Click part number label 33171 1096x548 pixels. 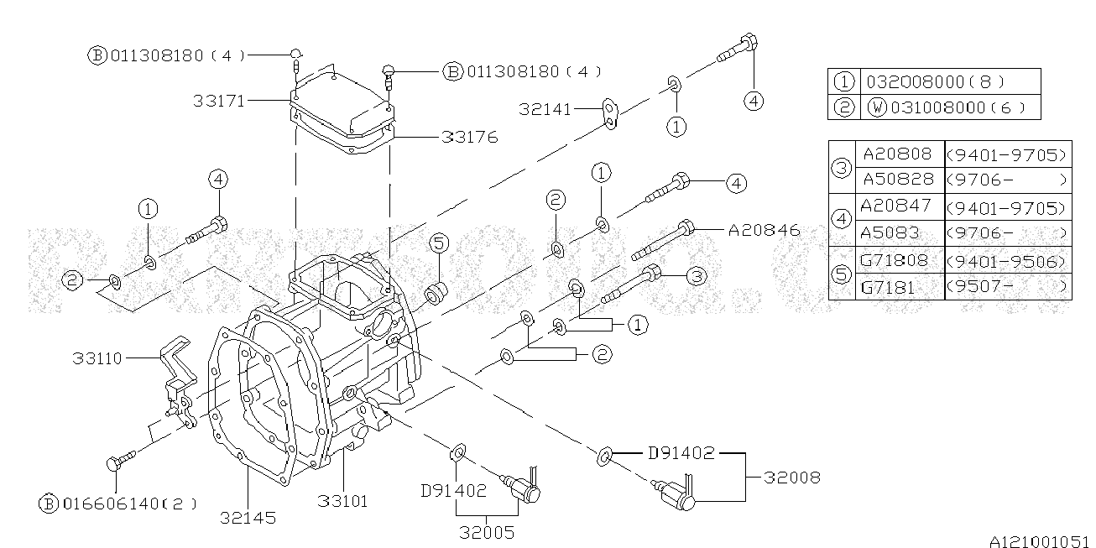coord(219,101)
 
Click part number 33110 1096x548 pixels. coord(97,358)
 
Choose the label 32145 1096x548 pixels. coord(250,518)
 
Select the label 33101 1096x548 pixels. coord(342,501)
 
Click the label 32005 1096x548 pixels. coord(487,531)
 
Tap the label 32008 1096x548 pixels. coord(792,478)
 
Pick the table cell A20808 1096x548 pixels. coord(896,154)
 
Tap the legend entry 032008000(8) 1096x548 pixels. coord(934,82)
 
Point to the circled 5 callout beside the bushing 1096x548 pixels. coord(439,244)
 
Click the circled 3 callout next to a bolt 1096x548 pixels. coord(695,275)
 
